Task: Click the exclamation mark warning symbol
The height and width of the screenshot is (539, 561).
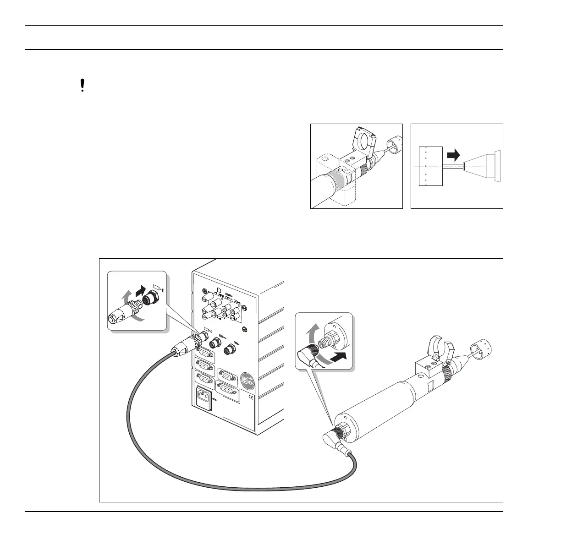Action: [x=82, y=86]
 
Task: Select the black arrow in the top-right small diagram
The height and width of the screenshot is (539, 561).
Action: [x=453, y=156]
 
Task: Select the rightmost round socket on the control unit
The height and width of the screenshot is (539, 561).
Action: [x=229, y=350]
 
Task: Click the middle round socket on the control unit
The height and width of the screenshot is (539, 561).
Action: [x=215, y=343]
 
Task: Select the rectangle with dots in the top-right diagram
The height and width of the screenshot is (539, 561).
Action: [x=430, y=166]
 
